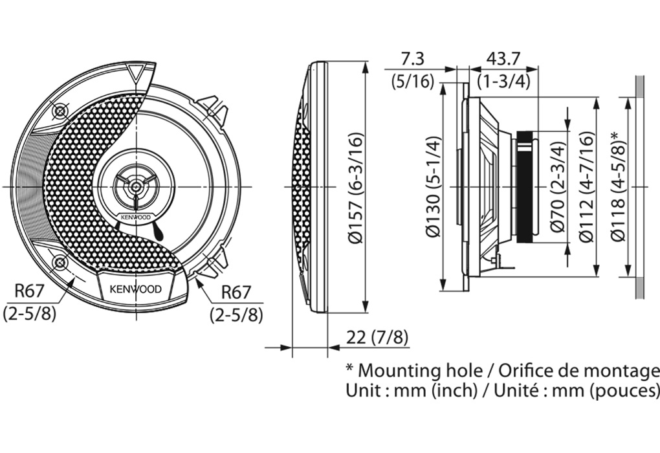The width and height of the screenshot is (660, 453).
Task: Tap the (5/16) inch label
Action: click(412, 82)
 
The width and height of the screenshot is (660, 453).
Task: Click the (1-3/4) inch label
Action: click(503, 82)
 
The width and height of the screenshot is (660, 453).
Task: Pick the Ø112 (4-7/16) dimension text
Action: click(586, 188)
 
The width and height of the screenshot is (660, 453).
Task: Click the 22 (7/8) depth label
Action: click(377, 337)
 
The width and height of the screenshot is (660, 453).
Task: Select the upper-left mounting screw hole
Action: click(60, 111)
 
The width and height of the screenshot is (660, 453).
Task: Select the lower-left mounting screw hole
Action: click(60, 262)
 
